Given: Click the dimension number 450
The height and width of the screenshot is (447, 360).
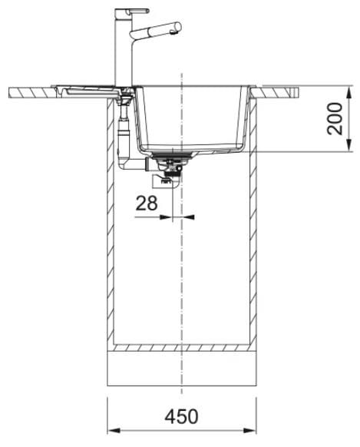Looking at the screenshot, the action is point(181,416).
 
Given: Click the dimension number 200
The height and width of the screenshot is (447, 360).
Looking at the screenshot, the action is point(335,118).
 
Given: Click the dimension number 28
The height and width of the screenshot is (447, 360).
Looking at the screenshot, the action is point(147,203).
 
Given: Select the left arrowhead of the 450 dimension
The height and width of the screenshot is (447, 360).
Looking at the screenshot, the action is point(114,430).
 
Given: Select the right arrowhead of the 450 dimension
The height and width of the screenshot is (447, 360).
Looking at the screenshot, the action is point(249,430).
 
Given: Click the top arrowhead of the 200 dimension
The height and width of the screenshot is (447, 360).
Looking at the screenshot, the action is point(349,92).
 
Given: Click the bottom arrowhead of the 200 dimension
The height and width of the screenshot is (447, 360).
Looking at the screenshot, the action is point(349,144).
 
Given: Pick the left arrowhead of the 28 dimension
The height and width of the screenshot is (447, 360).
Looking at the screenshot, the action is point(166,217).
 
